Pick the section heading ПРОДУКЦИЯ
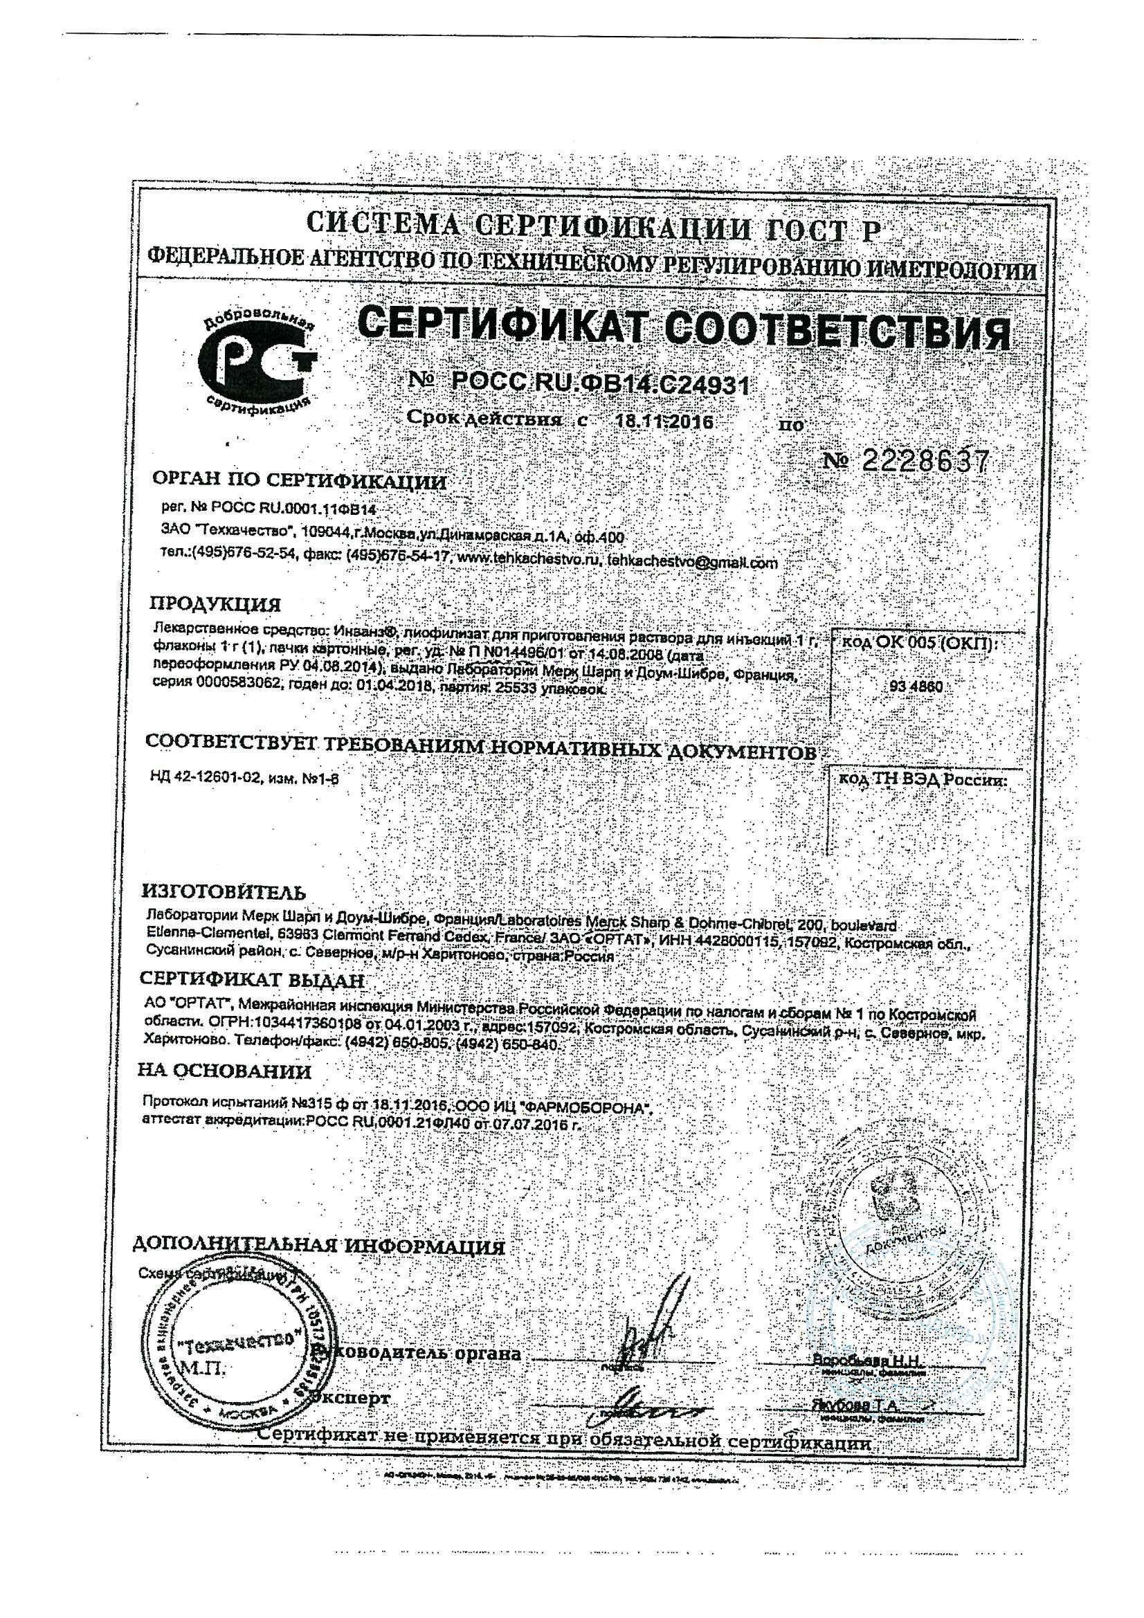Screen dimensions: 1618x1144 [215, 605]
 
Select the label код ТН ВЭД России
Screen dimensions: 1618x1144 [922, 781]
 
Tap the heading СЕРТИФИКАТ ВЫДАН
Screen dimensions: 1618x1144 [253, 979]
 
